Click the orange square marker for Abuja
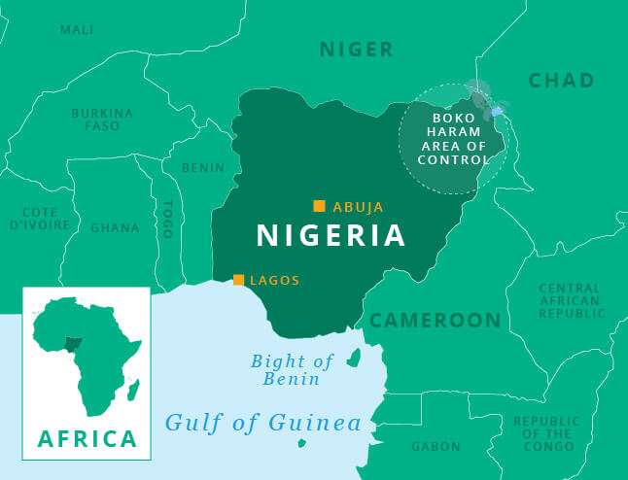319,205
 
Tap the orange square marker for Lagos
238,280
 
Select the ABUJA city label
359,207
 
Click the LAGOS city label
275,281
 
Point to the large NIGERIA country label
331,236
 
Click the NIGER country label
357,50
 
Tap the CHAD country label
561,81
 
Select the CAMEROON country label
435,321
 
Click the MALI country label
77,30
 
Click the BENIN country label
202,167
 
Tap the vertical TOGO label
168,219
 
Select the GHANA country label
115,227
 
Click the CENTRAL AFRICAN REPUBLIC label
572,301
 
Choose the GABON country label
436,447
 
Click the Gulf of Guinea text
262,424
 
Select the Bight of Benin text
293,369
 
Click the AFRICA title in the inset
87,438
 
